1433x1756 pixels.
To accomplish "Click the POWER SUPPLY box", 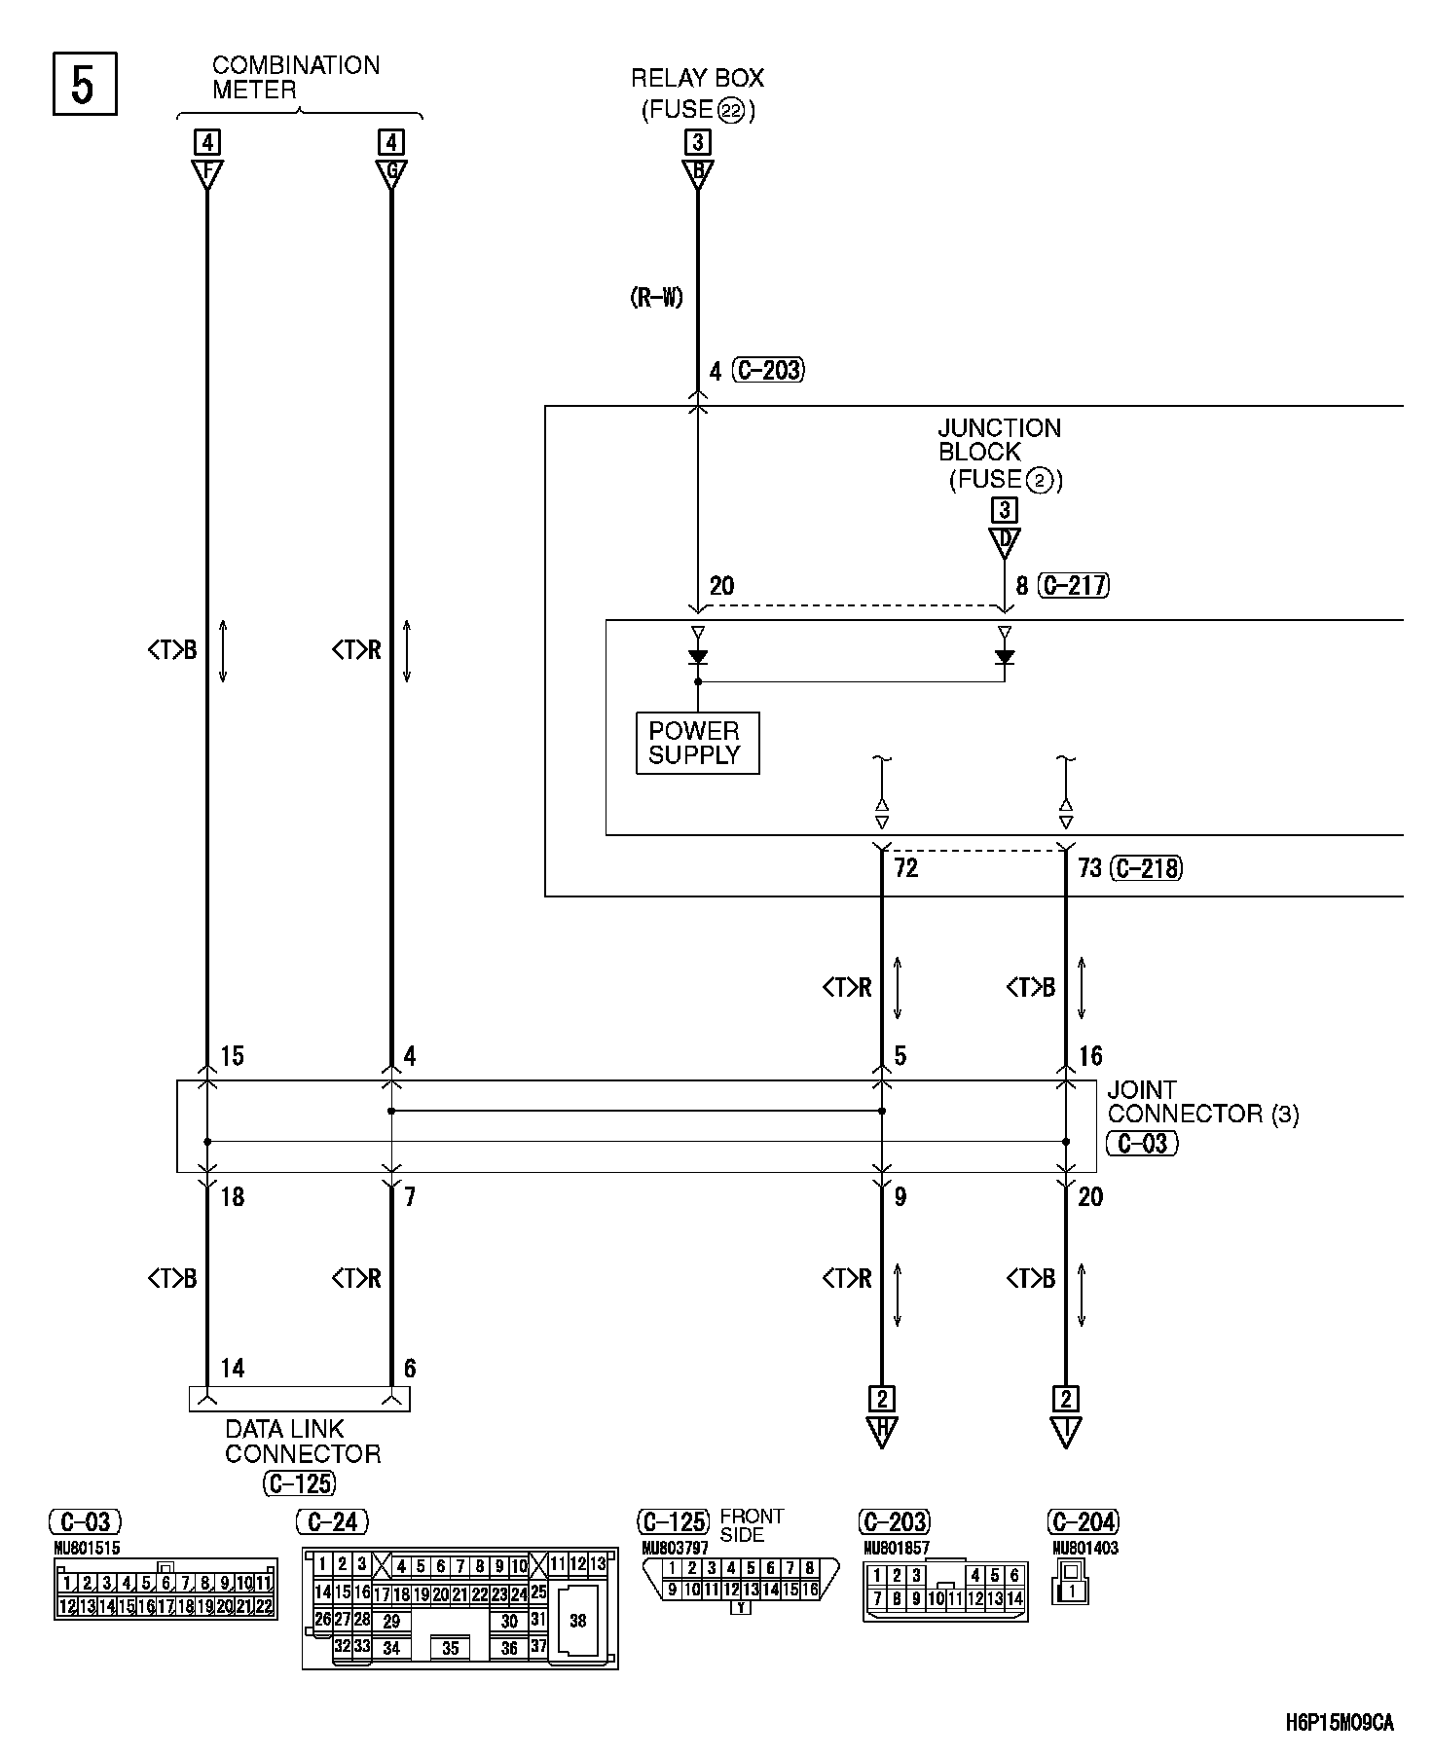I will click(x=697, y=743).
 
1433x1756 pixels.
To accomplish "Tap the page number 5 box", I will click(x=85, y=84).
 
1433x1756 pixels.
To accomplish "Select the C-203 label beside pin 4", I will click(x=769, y=370).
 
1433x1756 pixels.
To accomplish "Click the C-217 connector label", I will click(x=1075, y=585).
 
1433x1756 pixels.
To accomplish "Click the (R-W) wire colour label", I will click(x=656, y=298).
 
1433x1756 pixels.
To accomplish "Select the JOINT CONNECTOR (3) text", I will click(x=1202, y=1102).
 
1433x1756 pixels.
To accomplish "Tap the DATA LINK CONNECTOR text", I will click(x=302, y=1442).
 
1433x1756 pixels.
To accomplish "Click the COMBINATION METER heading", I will click(x=295, y=78).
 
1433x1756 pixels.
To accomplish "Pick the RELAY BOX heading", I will click(x=697, y=78).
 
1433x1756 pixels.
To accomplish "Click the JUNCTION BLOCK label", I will click(x=999, y=440).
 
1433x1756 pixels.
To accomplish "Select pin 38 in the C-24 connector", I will click(x=578, y=1621).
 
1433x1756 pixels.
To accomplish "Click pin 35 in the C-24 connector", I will click(x=451, y=1648).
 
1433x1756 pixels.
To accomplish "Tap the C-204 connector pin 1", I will click(x=1072, y=1591).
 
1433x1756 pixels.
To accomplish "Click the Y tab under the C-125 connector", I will click(x=741, y=1607).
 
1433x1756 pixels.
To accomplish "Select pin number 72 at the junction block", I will click(x=905, y=867).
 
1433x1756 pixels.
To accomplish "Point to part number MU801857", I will click(x=896, y=1548).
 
